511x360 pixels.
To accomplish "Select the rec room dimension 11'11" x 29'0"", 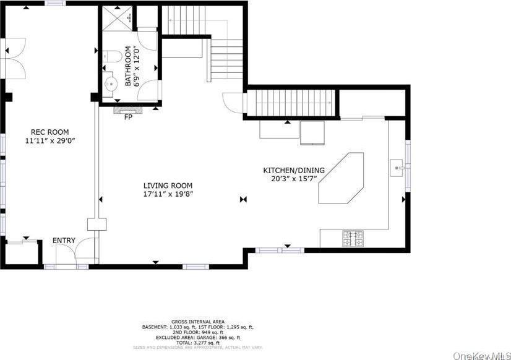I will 49,141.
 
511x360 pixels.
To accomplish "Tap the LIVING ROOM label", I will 168,186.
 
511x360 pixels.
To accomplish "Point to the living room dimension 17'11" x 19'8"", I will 168,194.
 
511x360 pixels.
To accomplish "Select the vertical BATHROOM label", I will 129,66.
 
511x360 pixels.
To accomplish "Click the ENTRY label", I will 64,241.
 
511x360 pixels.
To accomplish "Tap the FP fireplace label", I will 128,116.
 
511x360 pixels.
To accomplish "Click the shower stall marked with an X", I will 117,17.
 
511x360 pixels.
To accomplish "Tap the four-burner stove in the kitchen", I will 353,238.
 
